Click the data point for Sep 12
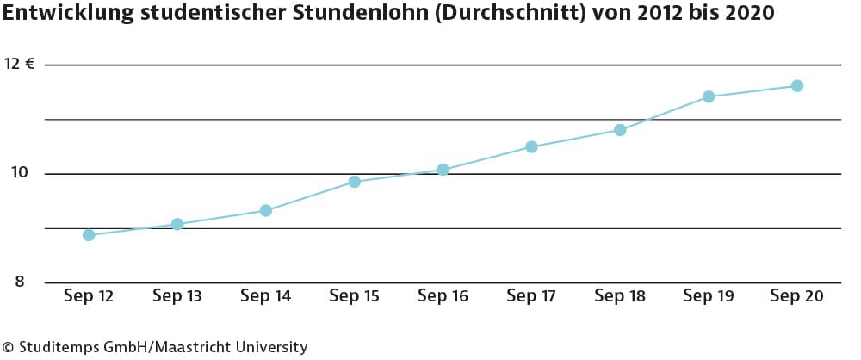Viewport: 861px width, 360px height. point(89,235)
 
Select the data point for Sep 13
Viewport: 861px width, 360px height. point(177,224)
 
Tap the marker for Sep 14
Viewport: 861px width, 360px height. point(266,210)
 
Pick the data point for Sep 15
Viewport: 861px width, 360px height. point(354,182)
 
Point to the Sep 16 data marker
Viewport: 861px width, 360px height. point(443,170)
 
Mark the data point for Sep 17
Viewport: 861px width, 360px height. point(531,146)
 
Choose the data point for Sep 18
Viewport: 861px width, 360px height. point(620,130)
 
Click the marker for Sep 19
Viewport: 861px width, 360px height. point(709,96)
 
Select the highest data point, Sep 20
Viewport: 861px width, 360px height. point(797,85)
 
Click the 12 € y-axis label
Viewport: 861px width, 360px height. point(20,65)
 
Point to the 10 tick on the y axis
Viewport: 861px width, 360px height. point(18,173)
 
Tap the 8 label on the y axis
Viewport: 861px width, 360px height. point(20,282)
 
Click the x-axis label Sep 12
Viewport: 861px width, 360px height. point(89,296)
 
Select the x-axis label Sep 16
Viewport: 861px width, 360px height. point(443,296)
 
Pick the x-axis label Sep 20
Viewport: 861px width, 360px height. point(797,296)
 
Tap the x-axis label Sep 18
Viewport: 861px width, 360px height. point(620,296)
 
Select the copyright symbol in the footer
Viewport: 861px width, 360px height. point(7,347)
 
